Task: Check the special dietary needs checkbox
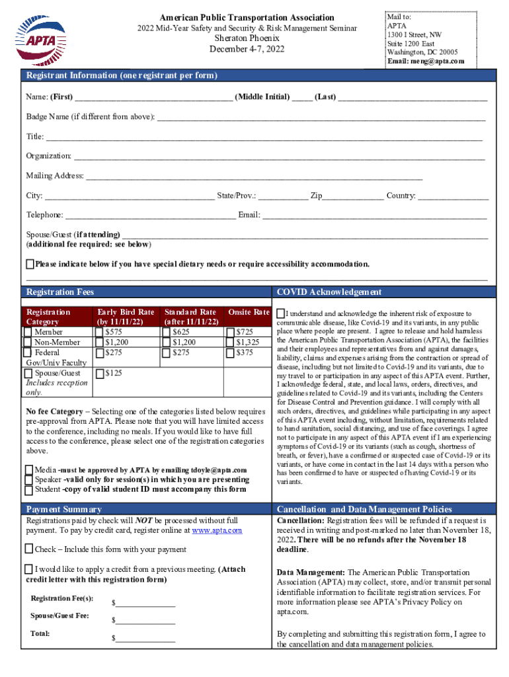(30, 264)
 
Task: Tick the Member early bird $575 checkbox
(100, 332)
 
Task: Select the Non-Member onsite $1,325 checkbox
(231, 342)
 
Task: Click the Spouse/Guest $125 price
(113, 374)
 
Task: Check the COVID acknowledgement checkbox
(281, 313)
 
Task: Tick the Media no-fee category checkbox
(29, 470)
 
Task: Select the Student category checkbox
(29, 490)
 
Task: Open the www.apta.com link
(217, 530)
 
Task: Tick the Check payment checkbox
(29, 549)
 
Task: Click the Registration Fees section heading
(60, 292)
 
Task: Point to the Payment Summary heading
(63, 509)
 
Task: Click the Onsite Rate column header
(249, 312)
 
